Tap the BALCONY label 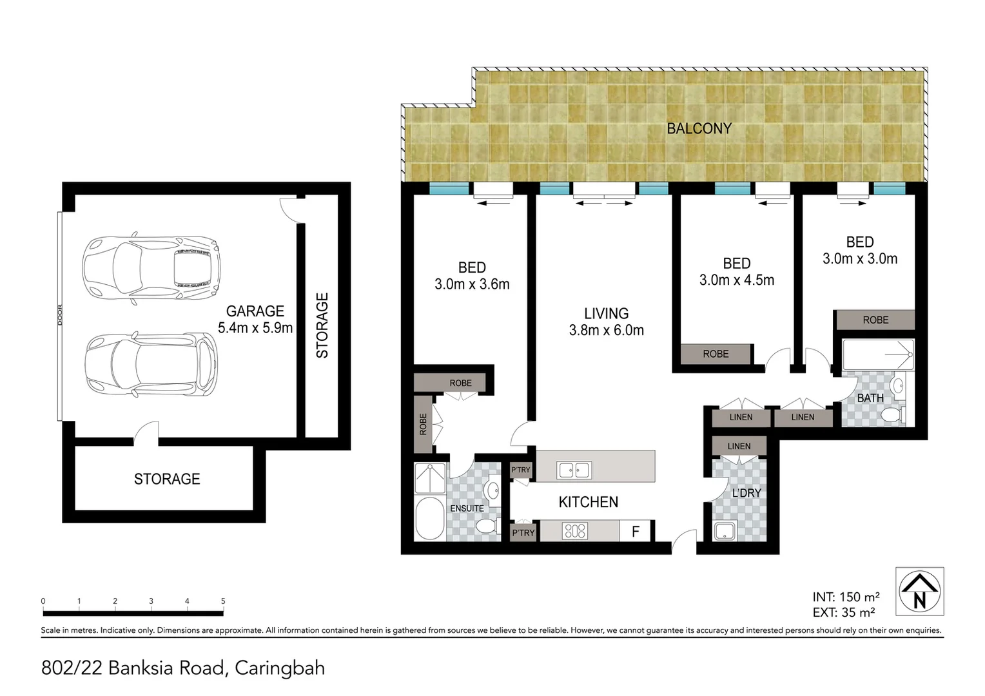pyautogui.click(x=699, y=129)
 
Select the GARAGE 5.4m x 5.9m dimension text pyautogui.click(x=255, y=320)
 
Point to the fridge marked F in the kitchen pyautogui.click(x=636, y=532)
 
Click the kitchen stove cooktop pyautogui.click(x=574, y=531)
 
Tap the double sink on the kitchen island pyautogui.click(x=574, y=470)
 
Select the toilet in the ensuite pyautogui.click(x=487, y=527)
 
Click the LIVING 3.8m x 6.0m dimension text pyautogui.click(x=606, y=322)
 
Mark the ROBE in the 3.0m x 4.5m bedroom pyautogui.click(x=716, y=354)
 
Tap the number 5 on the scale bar pyautogui.click(x=223, y=601)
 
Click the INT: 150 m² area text pyautogui.click(x=846, y=597)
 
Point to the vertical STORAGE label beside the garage pyautogui.click(x=322, y=325)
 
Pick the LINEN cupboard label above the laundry pyautogui.click(x=739, y=446)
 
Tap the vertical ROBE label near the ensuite pyautogui.click(x=423, y=424)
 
